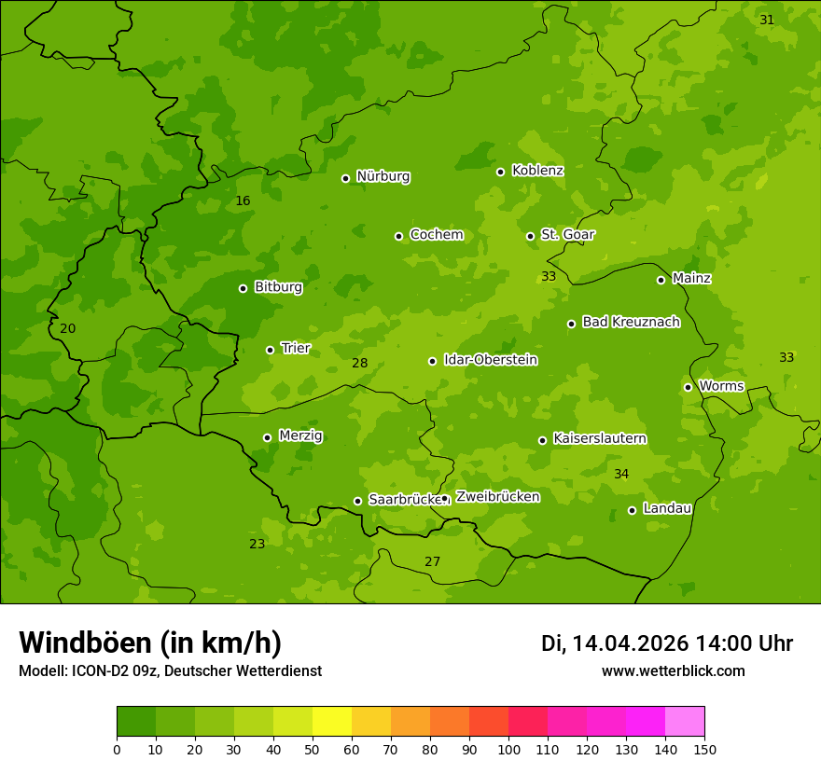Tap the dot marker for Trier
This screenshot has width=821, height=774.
[271, 350]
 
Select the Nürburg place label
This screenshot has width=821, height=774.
[383, 176]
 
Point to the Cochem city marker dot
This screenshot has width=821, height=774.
[398, 236]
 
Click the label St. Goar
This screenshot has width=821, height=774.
[567, 235]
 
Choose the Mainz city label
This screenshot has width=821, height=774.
[691, 278]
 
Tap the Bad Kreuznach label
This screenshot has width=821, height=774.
[631, 322]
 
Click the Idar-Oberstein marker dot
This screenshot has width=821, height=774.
[432, 361]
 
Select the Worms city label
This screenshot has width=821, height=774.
[721, 386]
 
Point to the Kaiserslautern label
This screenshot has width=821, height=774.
[600, 438]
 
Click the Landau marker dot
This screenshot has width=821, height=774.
[632, 510]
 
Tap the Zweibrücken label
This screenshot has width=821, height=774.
[497, 497]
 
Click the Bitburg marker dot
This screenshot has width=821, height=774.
[243, 288]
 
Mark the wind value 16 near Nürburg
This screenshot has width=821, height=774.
[243, 201]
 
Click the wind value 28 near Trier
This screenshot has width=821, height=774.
[360, 363]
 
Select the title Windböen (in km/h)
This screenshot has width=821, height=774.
[150, 643]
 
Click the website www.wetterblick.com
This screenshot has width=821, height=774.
[673, 670]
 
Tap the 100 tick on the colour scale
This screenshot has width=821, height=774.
[508, 748]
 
